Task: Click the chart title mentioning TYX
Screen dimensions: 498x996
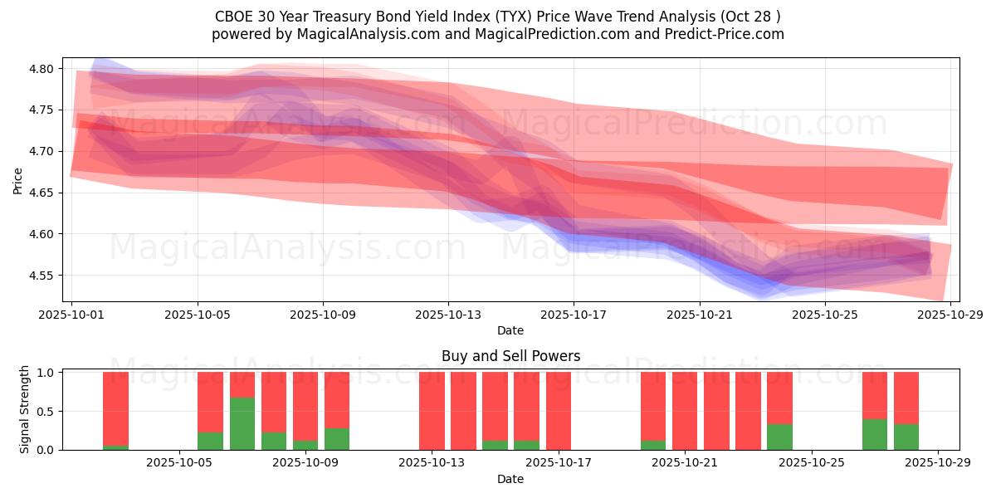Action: pos(498,16)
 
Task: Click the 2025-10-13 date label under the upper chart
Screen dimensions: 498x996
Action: pos(448,315)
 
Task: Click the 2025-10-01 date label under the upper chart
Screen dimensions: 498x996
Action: pos(71,315)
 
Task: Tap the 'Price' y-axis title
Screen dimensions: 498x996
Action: pos(17,180)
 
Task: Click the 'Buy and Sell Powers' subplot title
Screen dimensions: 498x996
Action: pos(510,356)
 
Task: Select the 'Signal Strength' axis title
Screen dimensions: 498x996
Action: pos(25,409)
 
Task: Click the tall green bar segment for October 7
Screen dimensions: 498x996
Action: pos(242,423)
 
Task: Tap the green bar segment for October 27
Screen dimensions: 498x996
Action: pos(875,434)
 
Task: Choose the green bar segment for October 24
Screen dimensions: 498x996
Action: pos(779,437)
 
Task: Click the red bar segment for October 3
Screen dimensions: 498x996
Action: pos(116,408)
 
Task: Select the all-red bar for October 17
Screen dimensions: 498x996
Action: pos(559,411)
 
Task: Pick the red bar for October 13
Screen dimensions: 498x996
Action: pos(432,411)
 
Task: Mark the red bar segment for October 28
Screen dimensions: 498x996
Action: pos(906,398)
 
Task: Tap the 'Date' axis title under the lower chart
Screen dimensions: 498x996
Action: pos(510,479)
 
